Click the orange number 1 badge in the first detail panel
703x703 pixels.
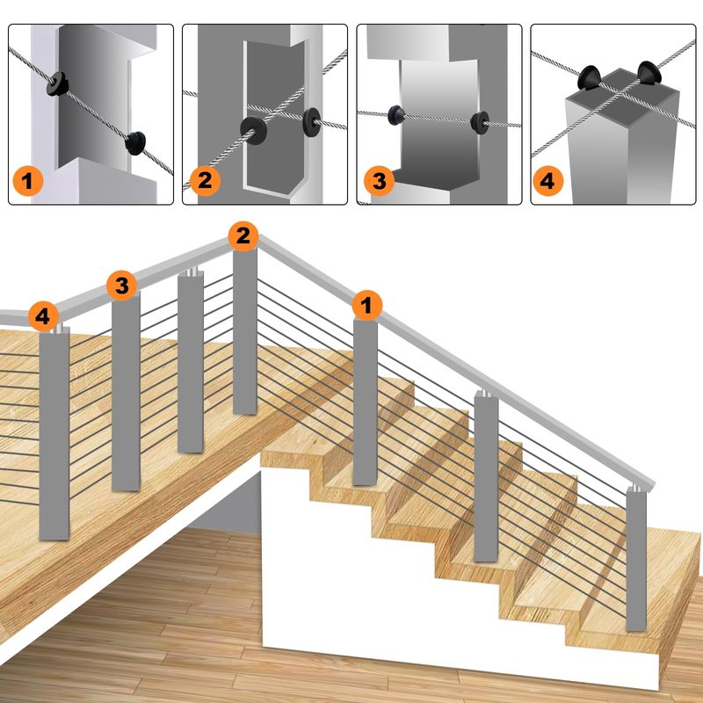pyautogui.click(x=28, y=181)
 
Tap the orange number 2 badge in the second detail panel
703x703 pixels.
pyautogui.click(x=205, y=181)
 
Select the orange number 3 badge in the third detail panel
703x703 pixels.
pyautogui.click(x=380, y=181)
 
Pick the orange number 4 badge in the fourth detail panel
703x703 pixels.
pyautogui.click(x=547, y=181)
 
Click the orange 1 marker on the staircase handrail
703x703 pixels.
pyautogui.click(x=367, y=305)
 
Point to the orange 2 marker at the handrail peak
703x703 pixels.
pyautogui.click(x=243, y=236)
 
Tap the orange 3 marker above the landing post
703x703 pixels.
pyautogui.click(x=121, y=285)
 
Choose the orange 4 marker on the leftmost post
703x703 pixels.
pyautogui.click(x=43, y=316)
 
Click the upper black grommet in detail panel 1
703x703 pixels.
pyautogui.click(x=57, y=83)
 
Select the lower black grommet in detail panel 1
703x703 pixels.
pyautogui.click(x=135, y=143)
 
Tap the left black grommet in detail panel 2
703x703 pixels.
pyautogui.click(x=253, y=130)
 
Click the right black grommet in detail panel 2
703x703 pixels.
pyautogui.click(x=312, y=122)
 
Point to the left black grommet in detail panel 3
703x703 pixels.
pyautogui.click(x=396, y=115)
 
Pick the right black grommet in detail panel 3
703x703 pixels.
pyautogui.click(x=480, y=123)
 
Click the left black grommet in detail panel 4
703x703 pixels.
pyautogui.click(x=589, y=77)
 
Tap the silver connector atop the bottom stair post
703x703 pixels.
pyautogui.click(x=636, y=488)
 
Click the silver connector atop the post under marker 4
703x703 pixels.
pyautogui.click(x=57, y=329)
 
